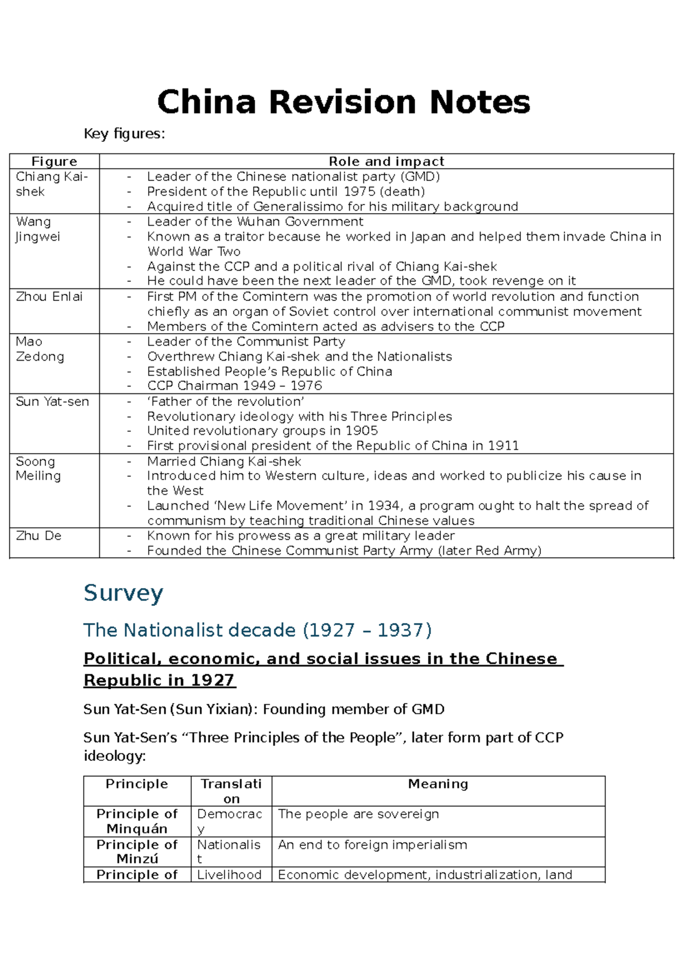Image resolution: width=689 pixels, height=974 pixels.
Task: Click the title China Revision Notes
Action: [343, 102]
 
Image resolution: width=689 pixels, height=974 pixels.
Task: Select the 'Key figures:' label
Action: [124, 134]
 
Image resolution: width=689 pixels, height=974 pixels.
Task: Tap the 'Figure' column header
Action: [54, 161]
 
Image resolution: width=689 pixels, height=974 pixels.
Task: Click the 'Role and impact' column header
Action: [386, 161]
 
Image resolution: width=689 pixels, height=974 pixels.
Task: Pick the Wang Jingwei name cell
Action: [38, 229]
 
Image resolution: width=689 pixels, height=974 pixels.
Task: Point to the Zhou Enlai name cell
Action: [49, 296]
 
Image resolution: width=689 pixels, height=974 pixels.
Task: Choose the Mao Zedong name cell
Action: [40, 349]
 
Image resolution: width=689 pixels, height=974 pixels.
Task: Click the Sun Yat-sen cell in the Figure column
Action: [52, 401]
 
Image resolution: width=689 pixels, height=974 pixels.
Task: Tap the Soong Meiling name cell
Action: [38, 468]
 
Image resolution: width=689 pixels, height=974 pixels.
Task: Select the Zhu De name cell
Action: [38, 535]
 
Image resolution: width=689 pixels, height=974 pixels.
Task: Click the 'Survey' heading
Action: [123, 593]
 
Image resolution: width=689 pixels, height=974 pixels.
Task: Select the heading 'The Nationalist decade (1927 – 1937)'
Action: [257, 630]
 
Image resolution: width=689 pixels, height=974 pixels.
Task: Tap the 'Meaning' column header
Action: [438, 784]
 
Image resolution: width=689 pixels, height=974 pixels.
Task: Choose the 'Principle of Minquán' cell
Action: [137, 821]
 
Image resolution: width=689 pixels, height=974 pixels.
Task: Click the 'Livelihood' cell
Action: [229, 875]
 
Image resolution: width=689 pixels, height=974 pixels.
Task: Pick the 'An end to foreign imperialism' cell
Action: [373, 845]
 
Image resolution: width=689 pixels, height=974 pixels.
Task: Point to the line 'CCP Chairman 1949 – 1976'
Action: [234, 385]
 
